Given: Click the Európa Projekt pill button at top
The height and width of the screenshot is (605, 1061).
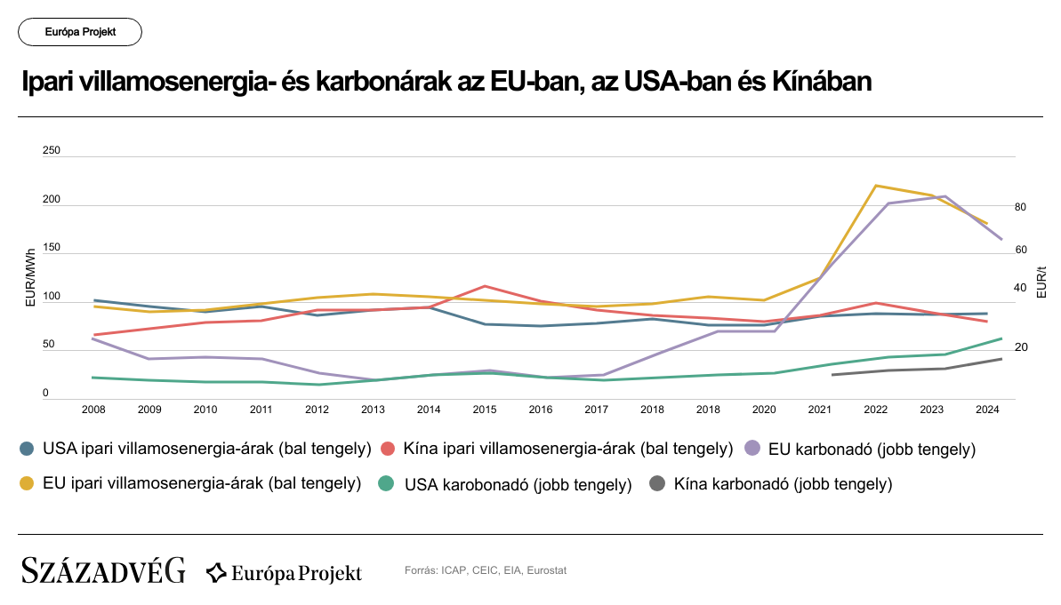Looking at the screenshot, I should coord(80,32).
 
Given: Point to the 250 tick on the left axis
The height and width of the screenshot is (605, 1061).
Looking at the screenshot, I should coord(52,151).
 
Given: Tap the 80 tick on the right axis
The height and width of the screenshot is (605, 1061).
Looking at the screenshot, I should coord(1020,207).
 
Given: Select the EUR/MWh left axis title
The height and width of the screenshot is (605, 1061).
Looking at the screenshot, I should coord(30,278).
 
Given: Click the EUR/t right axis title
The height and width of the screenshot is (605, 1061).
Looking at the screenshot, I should coord(1042,282).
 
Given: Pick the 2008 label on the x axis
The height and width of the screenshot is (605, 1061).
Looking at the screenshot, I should coord(93,410).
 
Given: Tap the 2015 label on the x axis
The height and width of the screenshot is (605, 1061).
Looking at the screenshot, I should coord(485,410).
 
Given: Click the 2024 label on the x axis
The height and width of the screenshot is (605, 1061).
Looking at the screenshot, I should coord(987,410).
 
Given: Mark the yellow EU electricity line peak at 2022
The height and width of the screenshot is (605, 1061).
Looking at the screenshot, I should coord(876,186).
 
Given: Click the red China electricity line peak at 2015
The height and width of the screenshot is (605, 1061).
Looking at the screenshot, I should coord(485,286).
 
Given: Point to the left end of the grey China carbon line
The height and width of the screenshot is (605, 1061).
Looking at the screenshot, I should coord(832,375).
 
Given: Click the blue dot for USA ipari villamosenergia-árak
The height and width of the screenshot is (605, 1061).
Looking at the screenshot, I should coord(28,450).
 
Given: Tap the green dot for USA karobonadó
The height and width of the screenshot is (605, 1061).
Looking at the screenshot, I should coord(386,484).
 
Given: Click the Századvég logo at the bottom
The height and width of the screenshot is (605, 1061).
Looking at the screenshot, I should coord(103,570).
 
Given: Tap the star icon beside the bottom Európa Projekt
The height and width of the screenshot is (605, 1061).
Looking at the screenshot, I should coord(216,572).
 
